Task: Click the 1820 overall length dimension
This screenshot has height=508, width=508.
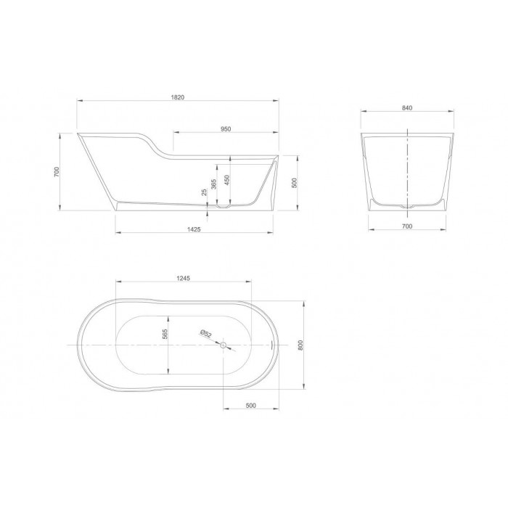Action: coord(178,97)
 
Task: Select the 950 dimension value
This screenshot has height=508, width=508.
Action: coord(226,129)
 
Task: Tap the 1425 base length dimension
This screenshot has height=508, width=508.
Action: coord(194,229)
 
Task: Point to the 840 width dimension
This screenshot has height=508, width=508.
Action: coord(407,108)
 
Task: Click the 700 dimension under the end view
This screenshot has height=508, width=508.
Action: coord(407,226)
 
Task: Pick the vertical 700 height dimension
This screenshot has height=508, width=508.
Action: coord(57,172)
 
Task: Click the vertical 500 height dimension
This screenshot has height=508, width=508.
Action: coord(294,183)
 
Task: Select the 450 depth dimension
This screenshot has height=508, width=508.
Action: coord(227,180)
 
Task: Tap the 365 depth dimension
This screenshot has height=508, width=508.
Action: coord(214,184)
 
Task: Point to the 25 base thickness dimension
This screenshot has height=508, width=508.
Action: coord(204,192)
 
